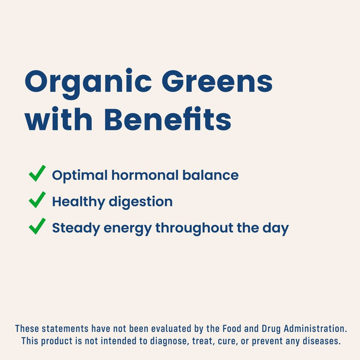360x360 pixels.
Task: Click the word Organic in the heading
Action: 88,83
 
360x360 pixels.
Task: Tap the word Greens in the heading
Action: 217,83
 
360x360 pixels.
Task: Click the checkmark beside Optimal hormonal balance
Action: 37,174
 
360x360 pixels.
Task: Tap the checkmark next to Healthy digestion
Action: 37,201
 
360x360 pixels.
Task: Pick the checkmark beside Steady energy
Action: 37,227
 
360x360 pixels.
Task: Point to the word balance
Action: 210,175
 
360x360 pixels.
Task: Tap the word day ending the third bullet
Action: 276,228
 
